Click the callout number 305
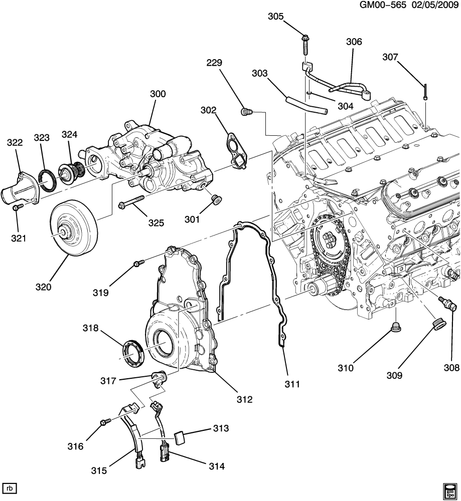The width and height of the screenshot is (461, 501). coord(275,17)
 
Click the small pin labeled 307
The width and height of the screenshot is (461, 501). coord(424,92)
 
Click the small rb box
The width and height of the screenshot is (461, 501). coord(9,488)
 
